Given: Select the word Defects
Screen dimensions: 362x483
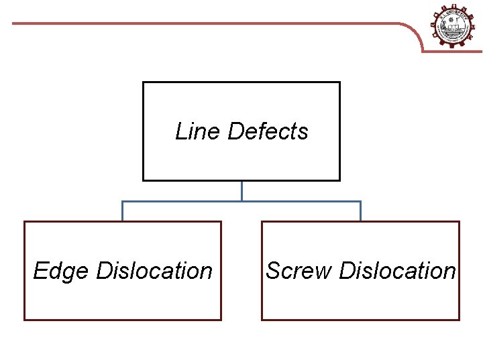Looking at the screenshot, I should click(268, 131).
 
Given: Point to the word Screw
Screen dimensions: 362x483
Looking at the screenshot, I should click(299, 271).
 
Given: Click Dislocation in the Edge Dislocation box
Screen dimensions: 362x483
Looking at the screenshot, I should click(154, 271).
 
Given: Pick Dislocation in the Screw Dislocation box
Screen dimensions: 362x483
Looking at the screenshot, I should click(397, 271).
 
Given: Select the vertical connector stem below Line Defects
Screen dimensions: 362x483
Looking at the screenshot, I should click(241, 190).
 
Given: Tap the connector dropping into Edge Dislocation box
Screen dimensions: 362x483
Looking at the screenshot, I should click(122, 211).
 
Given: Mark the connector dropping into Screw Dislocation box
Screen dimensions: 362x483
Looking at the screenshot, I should click(360, 211).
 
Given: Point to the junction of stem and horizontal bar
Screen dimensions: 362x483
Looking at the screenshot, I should click(241, 201).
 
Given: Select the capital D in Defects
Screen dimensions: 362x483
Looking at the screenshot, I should click(235, 131).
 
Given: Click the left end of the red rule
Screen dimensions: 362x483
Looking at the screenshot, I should click(14, 23).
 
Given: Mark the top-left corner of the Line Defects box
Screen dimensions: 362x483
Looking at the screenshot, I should click(144, 82).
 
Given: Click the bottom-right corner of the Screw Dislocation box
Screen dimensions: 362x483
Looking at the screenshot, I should click(459, 319).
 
